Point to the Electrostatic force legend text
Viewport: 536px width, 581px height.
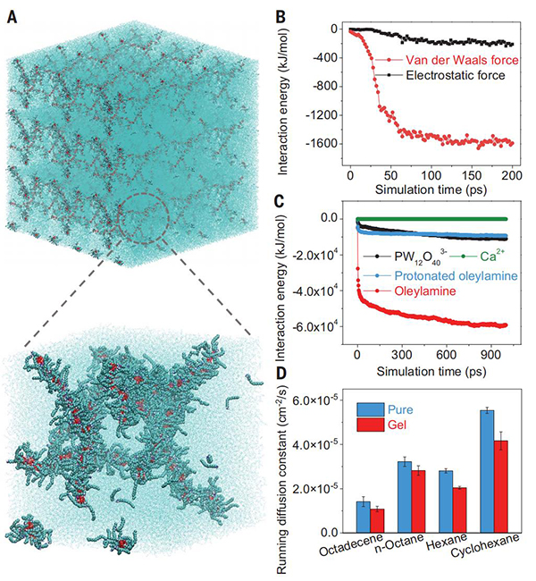click(454, 77)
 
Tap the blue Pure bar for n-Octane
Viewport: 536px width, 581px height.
click(379, 497)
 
